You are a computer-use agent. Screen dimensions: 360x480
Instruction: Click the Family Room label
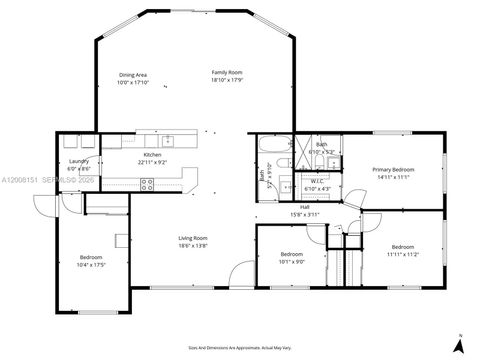(226, 73)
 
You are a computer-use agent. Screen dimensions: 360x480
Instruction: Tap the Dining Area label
(133, 75)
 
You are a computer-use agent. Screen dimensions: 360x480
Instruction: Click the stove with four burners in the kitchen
(146, 183)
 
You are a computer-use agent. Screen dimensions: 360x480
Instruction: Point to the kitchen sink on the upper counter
(168, 139)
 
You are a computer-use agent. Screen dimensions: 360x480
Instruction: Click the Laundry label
(78, 161)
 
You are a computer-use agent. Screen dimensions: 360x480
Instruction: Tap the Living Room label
(192, 237)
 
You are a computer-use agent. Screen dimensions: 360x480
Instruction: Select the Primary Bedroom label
(394, 170)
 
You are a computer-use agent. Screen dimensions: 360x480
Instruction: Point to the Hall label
(304, 208)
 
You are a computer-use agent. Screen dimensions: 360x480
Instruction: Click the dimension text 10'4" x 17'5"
(91, 264)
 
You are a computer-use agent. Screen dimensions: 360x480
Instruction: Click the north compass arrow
(458, 343)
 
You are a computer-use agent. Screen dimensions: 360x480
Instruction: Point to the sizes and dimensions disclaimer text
(241, 341)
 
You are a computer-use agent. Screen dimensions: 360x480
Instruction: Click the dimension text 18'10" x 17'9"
(226, 80)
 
